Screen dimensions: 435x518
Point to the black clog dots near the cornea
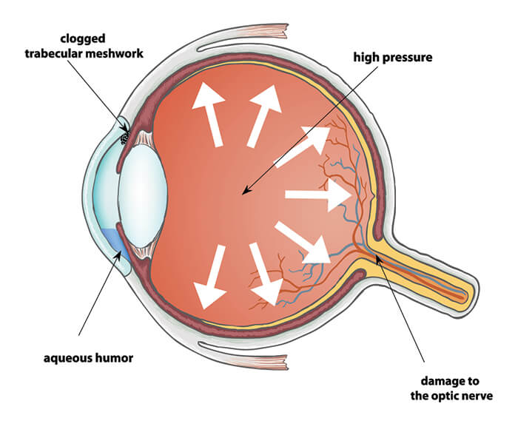click(x=126, y=136)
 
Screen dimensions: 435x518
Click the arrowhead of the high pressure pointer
click(x=245, y=193)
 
